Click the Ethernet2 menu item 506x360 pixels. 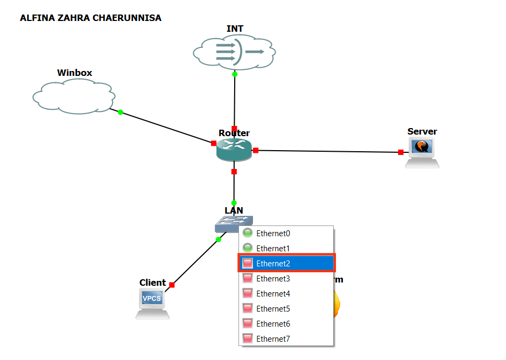click(273, 263)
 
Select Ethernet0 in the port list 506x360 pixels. click(273, 233)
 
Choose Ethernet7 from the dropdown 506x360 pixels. click(273, 338)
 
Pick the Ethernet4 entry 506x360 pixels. click(273, 293)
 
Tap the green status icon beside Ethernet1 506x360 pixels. click(248, 248)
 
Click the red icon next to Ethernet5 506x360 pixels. click(248, 308)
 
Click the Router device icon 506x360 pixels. click(234, 149)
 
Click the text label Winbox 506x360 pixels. click(74, 73)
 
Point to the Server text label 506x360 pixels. click(422, 131)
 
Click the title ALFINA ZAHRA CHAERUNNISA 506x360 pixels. click(90, 18)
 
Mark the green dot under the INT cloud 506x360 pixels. click(235, 74)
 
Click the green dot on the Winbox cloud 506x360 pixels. click(121, 112)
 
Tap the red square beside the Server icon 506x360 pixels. click(400, 152)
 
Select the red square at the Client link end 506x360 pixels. click(172, 285)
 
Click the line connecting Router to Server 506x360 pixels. click(328, 151)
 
